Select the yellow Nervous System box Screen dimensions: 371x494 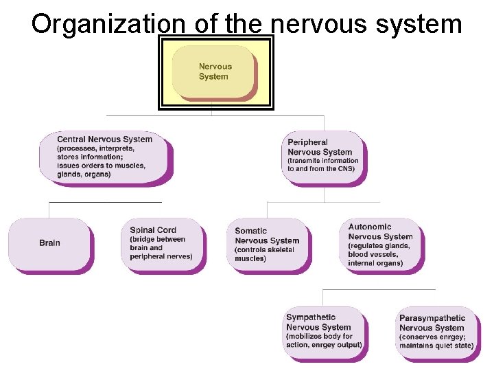point(214,71)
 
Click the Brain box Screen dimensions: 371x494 point(49,244)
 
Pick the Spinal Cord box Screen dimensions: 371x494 point(163,245)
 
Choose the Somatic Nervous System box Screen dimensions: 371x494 point(268,245)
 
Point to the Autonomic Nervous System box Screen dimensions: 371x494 point(381,245)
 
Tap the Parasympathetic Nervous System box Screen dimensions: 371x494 point(436,333)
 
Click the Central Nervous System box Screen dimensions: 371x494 point(106,157)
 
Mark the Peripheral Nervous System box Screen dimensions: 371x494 point(323,157)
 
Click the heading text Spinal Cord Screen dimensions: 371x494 point(153,230)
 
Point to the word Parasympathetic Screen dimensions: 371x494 point(432,318)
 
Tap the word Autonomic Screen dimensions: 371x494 point(370,227)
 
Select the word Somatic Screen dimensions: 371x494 point(251,231)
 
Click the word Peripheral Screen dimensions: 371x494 point(308,142)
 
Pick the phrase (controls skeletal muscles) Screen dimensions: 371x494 point(264,254)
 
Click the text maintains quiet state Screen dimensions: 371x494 point(437,346)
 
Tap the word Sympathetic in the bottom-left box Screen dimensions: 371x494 point(311,317)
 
